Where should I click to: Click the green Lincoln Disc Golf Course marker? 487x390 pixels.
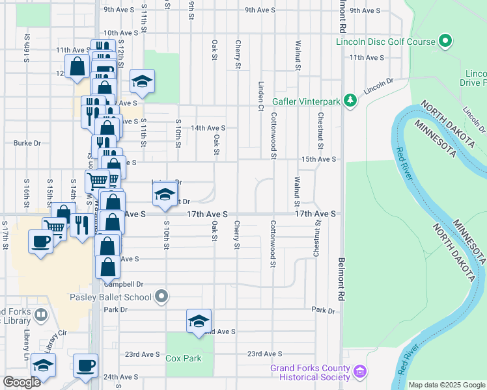[445, 42]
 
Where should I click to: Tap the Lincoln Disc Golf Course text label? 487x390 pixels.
[385, 42]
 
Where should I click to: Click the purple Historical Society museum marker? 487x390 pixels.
[360, 371]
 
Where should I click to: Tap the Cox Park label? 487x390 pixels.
[183, 358]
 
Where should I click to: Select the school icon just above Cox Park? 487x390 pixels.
[199, 321]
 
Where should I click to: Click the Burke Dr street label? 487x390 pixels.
[27, 143]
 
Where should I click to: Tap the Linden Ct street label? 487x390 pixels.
[260, 95]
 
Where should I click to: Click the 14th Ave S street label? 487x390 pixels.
[208, 128]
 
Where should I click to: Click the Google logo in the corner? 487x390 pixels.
[21, 382]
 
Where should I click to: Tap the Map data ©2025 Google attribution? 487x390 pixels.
[447, 385]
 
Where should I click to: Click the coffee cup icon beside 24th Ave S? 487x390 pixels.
[85, 365]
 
